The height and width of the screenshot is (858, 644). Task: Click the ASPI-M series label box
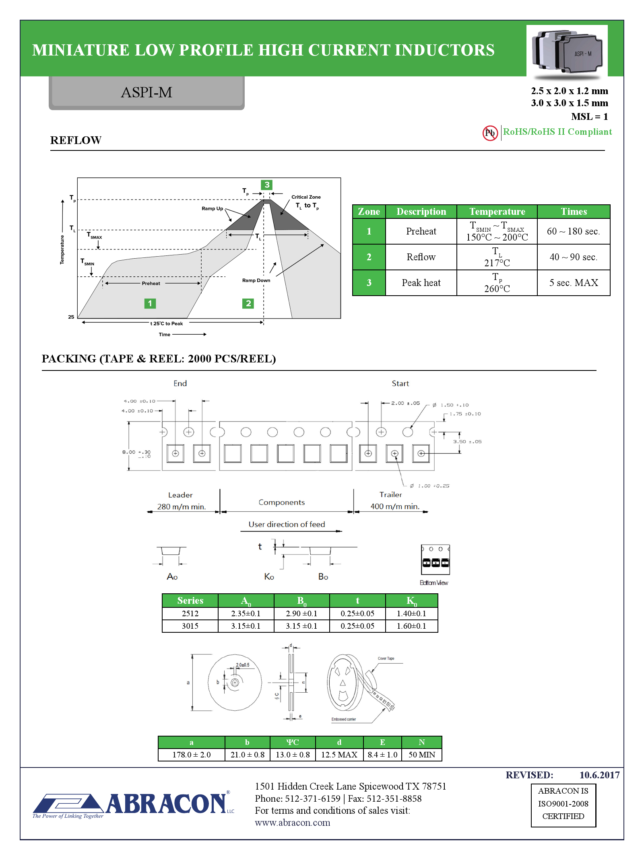point(147,93)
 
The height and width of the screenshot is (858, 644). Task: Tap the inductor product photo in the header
point(567,52)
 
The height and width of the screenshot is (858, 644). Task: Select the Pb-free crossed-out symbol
point(490,133)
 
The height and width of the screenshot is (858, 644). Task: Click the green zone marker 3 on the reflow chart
point(266,185)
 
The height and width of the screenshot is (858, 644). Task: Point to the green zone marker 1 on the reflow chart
point(150,303)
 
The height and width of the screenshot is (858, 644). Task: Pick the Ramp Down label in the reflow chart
point(256,280)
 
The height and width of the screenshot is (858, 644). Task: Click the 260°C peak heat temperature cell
point(497,283)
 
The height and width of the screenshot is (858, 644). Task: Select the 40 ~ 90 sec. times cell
point(573,257)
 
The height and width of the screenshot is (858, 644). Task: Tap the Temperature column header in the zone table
point(497,212)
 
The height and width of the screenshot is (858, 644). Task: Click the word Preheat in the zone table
point(421,231)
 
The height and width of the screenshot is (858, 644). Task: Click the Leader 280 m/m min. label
point(181,501)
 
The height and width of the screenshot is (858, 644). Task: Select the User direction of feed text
point(287,525)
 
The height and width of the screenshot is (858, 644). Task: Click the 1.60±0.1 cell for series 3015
point(411,626)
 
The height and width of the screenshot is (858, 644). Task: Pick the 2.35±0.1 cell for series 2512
point(246,613)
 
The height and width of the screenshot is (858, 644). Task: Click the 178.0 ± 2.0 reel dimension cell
point(191,755)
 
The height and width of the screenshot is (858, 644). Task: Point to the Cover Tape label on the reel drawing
point(386,658)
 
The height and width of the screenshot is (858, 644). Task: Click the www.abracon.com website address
point(292,823)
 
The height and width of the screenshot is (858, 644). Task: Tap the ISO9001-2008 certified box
point(563,803)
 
